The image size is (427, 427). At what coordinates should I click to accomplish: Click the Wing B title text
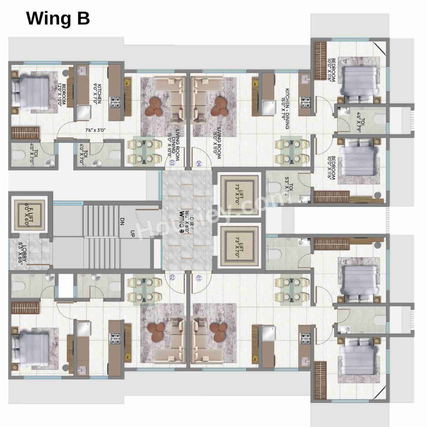pos(58,18)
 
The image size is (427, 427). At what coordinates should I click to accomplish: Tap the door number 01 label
pos(199,278)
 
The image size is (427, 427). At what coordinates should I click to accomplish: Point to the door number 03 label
pos(172,163)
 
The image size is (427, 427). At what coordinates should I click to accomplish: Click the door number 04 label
pos(199,163)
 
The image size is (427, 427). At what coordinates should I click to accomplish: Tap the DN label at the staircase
pos(122,222)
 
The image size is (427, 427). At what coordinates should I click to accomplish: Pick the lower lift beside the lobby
pos(239,246)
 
